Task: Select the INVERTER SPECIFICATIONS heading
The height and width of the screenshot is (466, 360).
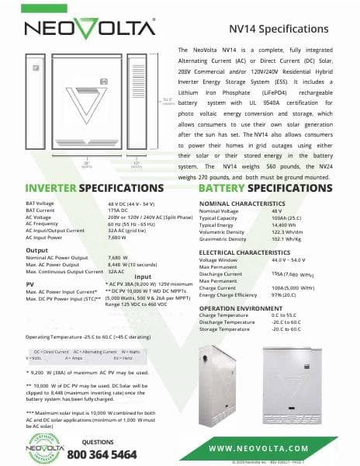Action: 84,188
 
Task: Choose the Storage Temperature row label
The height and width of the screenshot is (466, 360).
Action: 225,329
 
